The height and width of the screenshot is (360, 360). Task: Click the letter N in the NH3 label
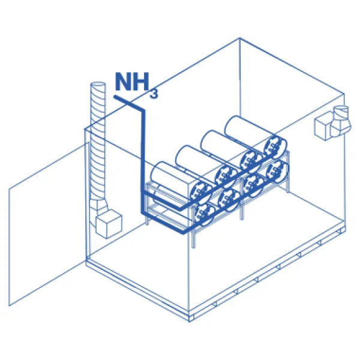pos(123,82)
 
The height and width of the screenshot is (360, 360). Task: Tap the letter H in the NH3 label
pos(141,82)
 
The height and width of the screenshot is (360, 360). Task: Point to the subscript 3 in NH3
pos(154,94)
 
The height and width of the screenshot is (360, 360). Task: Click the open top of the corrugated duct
pos(98,86)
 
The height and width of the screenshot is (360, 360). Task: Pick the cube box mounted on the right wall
pos(324,126)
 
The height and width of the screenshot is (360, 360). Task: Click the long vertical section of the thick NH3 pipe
pos(143,161)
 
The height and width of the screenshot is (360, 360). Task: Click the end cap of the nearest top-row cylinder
pos(200,191)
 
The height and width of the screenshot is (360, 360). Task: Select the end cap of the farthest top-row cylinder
pos(275,146)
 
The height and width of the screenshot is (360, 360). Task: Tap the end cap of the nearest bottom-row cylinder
pos(205,215)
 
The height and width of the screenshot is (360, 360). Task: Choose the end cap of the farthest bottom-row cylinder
pos(277,170)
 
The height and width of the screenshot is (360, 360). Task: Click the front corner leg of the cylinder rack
pos(193,236)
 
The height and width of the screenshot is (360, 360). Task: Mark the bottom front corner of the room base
pos(190,322)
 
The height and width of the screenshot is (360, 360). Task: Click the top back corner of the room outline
pos(240,38)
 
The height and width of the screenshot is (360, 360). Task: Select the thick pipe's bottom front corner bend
pos(183,232)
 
